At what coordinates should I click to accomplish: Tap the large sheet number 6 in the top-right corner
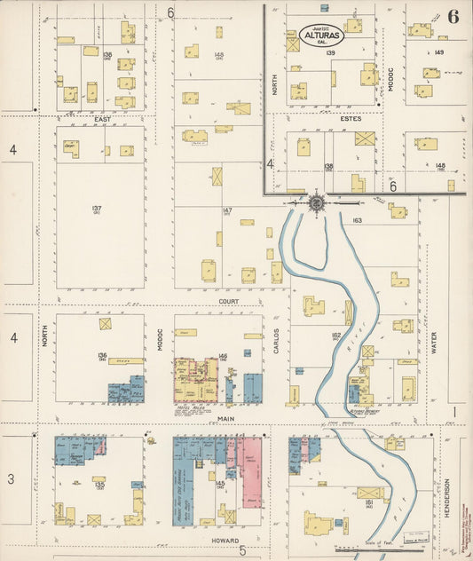click(x=453, y=16)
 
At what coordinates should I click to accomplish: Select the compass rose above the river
click(x=316, y=203)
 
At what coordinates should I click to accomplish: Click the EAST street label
click(x=102, y=116)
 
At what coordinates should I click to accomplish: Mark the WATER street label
click(x=435, y=343)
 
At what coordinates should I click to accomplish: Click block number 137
click(x=96, y=209)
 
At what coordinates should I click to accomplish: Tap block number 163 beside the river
click(x=358, y=218)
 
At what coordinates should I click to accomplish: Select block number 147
click(x=227, y=210)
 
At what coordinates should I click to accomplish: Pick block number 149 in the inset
click(x=438, y=52)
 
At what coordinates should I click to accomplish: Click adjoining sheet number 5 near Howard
click(x=241, y=550)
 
